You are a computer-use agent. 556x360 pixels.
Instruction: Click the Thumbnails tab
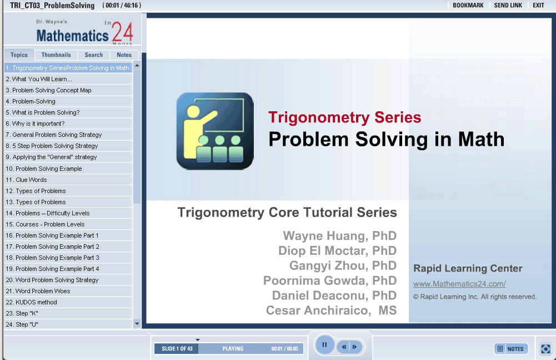coord(56,55)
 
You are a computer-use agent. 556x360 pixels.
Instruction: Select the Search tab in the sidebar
coord(94,55)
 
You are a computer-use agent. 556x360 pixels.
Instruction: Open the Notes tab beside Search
coord(124,55)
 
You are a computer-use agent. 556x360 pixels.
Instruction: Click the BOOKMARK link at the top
coord(468,6)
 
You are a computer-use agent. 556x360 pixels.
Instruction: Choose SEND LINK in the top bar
coord(508,6)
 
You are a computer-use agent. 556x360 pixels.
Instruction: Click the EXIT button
coord(538,6)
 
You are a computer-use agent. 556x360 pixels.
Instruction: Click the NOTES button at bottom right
coord(511,349)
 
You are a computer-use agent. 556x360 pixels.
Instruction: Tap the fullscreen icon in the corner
coord(545,349)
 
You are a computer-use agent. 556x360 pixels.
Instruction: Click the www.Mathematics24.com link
coord(459,284)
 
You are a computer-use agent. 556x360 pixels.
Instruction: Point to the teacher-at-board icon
coord(215,131)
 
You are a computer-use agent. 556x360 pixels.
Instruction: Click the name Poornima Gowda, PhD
coord(330,281)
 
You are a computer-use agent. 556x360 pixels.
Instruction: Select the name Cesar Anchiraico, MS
coord(331,310)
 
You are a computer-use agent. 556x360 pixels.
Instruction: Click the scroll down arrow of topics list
coord(137,324)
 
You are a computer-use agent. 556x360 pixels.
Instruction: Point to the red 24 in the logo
coord(122,32)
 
